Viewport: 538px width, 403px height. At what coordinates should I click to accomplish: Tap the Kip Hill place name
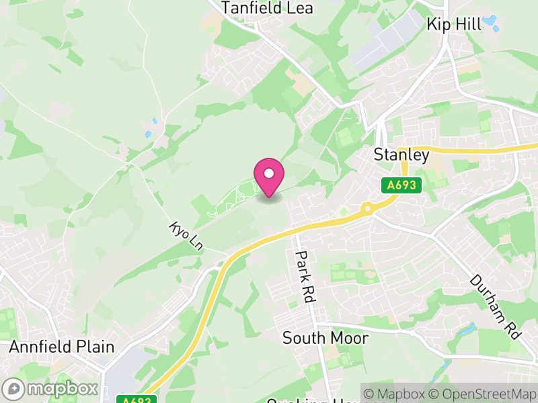(x=455, y=25)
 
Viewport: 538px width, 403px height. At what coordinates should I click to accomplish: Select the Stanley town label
(x=401, y=155)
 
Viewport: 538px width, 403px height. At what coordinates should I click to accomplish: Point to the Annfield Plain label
(x=61, y=347)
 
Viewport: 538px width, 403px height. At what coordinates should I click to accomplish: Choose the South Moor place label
(x=325, y=338)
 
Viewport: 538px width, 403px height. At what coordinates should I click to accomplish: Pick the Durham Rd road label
(x=496, y=306)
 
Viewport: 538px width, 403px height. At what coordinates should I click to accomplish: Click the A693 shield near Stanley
(x=401, y=185)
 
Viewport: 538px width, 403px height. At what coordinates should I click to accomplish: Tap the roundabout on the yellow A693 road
(x=367, y=208)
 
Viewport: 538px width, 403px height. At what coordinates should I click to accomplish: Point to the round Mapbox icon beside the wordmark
(x=13, y=389)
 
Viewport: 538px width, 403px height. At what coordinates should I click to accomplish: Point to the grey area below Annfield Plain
(x=121, y=369)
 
